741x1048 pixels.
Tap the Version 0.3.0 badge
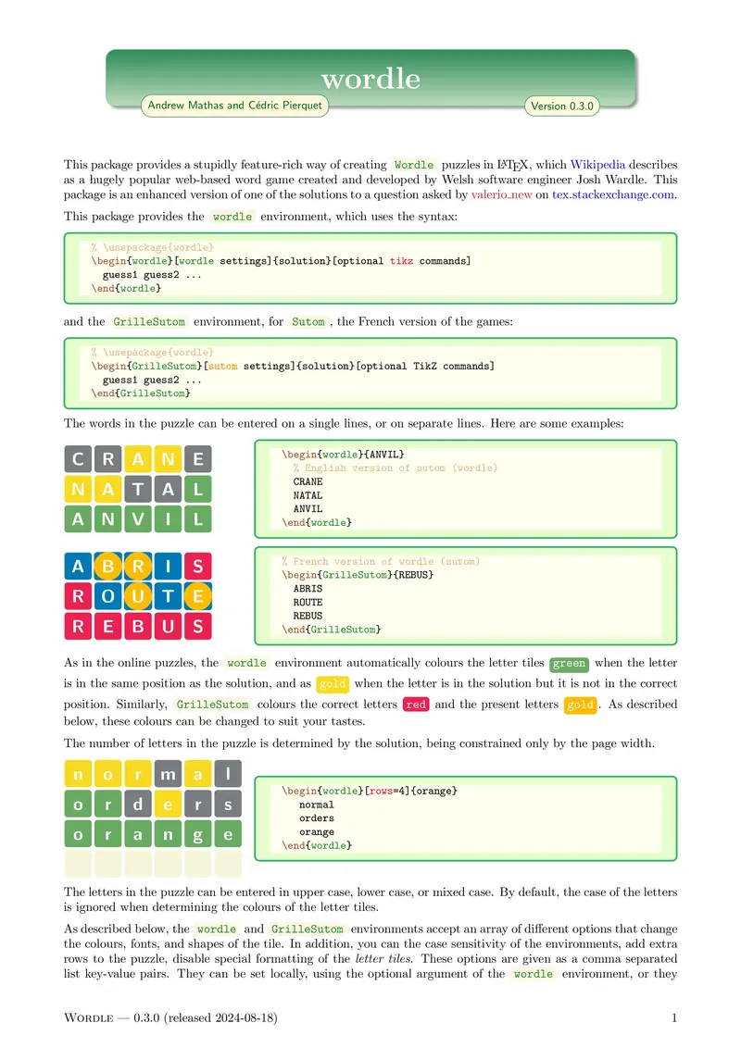click(561, 106)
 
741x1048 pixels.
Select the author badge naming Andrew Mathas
click(234, 106)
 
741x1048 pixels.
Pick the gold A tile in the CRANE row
click(138, 458)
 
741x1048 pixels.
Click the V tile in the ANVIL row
click(138, 519)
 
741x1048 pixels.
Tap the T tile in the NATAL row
click(138, 489)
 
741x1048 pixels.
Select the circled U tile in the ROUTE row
click(138, 596)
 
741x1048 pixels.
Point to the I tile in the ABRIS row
click(168, 566)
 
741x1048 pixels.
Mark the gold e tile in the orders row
click(168, 805)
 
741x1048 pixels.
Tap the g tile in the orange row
click(197, 834)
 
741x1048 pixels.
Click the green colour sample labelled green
click(569, 664)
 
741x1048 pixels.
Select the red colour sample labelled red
click(417, 705)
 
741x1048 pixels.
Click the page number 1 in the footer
click(674, 1019)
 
